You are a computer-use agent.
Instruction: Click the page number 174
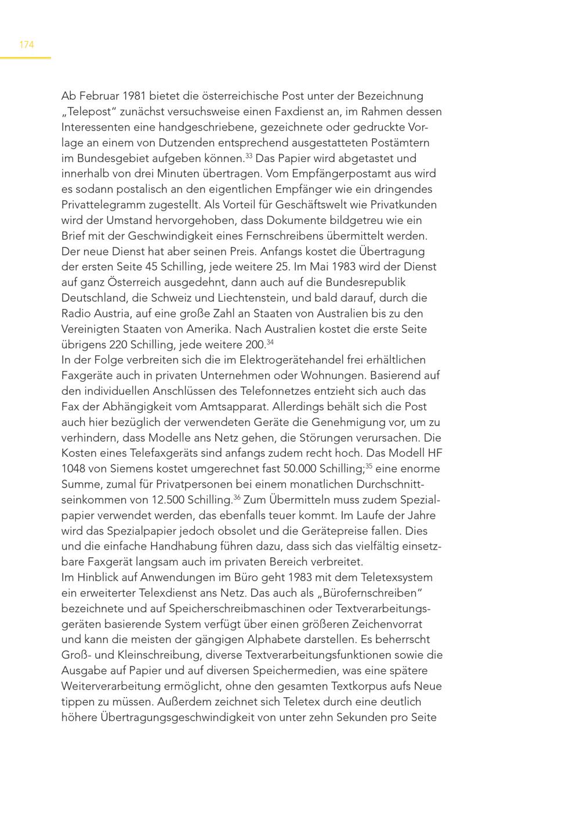27,45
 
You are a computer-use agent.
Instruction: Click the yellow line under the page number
26,57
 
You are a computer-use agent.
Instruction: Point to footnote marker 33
248,156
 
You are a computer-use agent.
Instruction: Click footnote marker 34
270,342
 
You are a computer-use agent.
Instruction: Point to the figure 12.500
168,500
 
